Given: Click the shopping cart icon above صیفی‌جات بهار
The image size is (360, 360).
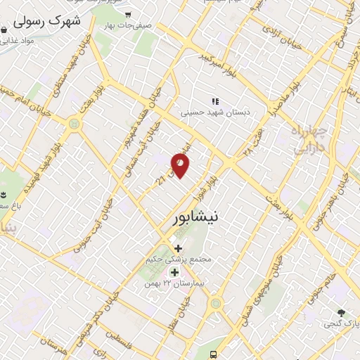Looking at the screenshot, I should pos(128,14).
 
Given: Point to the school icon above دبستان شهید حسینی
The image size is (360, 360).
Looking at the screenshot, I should pos(215,101).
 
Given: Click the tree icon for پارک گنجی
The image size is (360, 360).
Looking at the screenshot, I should pos(342,312).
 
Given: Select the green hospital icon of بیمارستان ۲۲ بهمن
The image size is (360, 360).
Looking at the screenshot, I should pos(174,271).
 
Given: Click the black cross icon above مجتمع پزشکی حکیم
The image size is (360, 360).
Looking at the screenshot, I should pos(178,248).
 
